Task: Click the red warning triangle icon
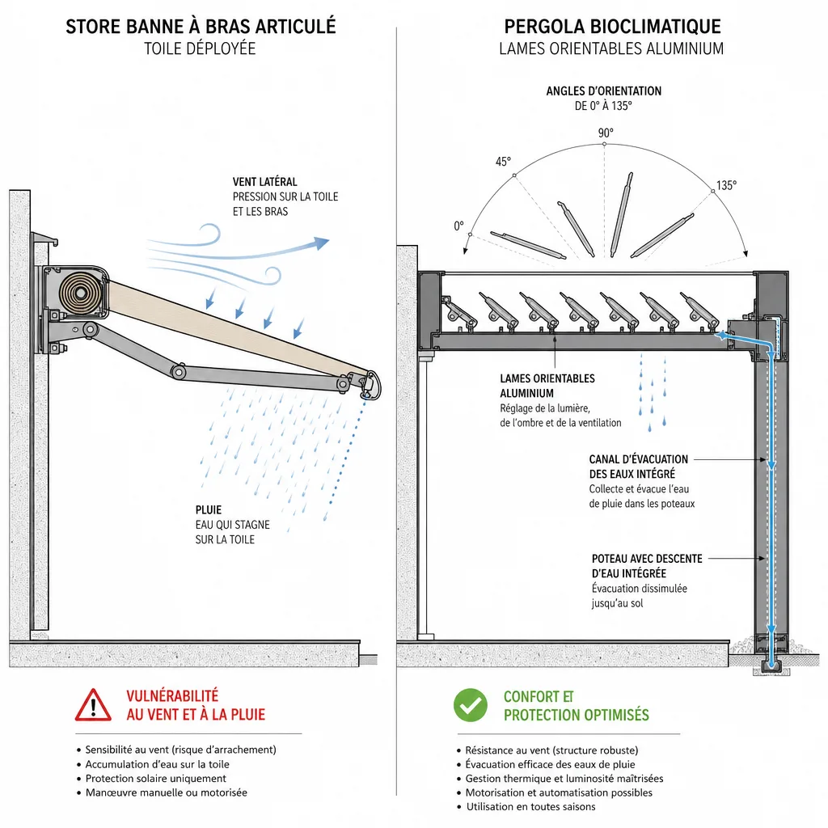pyautogui.click(x=93, y=705)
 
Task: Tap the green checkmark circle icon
pyautogui.click(x=470, y=705)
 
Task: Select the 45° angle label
pyautogui.click(x=503, y=162)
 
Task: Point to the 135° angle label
pyautogui.click(x=726, y=185)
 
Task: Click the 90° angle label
pyautogui.click(x=606, y=133)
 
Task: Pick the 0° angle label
pyautogui.click(x=459, y=226)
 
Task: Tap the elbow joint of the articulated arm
pyautogui.click(x=179, y=371)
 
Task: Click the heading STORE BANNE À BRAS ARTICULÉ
pyautogui.click(x=201, y=27)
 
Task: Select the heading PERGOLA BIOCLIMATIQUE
pyautogui.click(x=613, y=27)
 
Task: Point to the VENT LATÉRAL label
pyautogui.click(x=265, y=182)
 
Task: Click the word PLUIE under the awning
pyautogui.click(x=209, y=510)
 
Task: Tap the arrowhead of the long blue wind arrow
pyautogui.click(x=321, y=243)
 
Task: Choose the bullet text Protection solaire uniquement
pyautogui.click(x=156, y=779)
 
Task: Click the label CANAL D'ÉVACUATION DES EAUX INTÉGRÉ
pyautogui.click(x=639, y=467)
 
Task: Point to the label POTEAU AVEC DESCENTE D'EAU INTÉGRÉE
pyautogui.click(x=647, y=566)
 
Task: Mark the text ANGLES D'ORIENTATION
pyautogui.click(x=603, y=91)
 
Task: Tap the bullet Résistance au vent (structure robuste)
pyautogui.click(x=551, y=750)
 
